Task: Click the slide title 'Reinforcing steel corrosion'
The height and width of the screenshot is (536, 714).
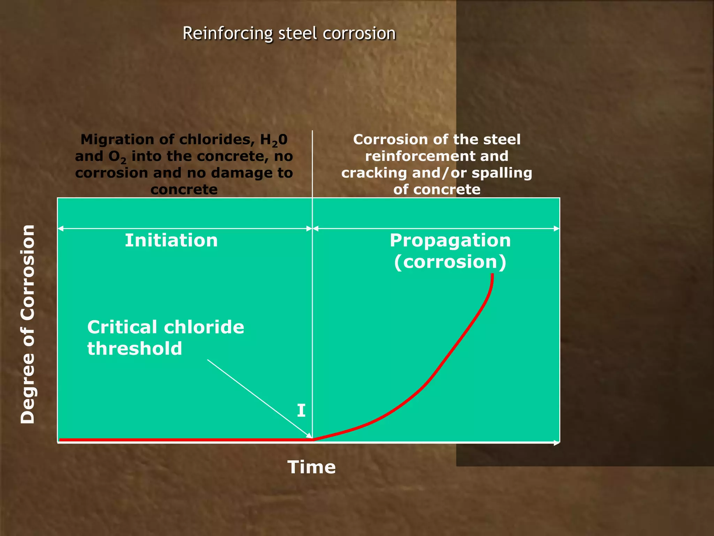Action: (x=289, y=34)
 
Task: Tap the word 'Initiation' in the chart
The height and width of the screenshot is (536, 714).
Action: (x=171, y=240)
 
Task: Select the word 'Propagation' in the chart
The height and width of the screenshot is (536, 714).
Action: (x=450, y=240)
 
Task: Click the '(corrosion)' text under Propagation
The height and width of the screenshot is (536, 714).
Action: (x=450, y=262)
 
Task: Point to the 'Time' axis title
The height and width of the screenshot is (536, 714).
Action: (x=311, y=467)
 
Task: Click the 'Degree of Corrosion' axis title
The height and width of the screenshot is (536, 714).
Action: (x=28, y=325)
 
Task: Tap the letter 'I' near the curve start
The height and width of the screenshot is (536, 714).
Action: (x=301, y=411)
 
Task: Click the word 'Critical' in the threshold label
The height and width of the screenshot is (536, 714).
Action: (x=122, y=327)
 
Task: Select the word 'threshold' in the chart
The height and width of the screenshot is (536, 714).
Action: (x=135, y=349)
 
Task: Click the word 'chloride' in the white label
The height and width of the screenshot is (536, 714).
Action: (x=204, y=327)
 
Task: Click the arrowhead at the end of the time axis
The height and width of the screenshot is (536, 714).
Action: (x=557, y=443)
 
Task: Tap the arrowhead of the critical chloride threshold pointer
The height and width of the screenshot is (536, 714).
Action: (x=309, y=436)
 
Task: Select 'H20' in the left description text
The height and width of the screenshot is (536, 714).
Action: (x=274, y=140)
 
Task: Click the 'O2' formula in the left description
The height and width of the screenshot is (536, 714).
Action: (x=117, y=157)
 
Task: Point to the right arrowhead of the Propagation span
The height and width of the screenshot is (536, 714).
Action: (x=557, y=229)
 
